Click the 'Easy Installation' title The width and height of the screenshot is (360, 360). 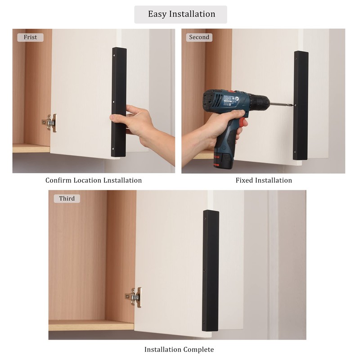[x=181, y=14]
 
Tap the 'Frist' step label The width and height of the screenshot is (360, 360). [x=31, y=37]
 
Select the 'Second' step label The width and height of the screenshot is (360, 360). [x=199, y=37]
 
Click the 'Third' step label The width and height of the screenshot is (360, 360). [x=67, y=198]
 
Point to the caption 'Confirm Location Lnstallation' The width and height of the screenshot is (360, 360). [x=94, y=180]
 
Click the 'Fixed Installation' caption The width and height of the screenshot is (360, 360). [x=264, y=180]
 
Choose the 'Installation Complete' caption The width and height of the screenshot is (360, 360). [x=179, y=350]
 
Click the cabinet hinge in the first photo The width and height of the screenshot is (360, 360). [x=50, y=122]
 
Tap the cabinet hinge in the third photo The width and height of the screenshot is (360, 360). [x=134, y=297]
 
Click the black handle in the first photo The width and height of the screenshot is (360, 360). [x=119, y=102]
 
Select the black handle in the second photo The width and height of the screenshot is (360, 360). [x=301, y=105]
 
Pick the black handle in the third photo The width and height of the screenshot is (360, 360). [x=211, y=270]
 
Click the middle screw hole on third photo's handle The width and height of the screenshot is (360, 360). [x=206, y=271]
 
